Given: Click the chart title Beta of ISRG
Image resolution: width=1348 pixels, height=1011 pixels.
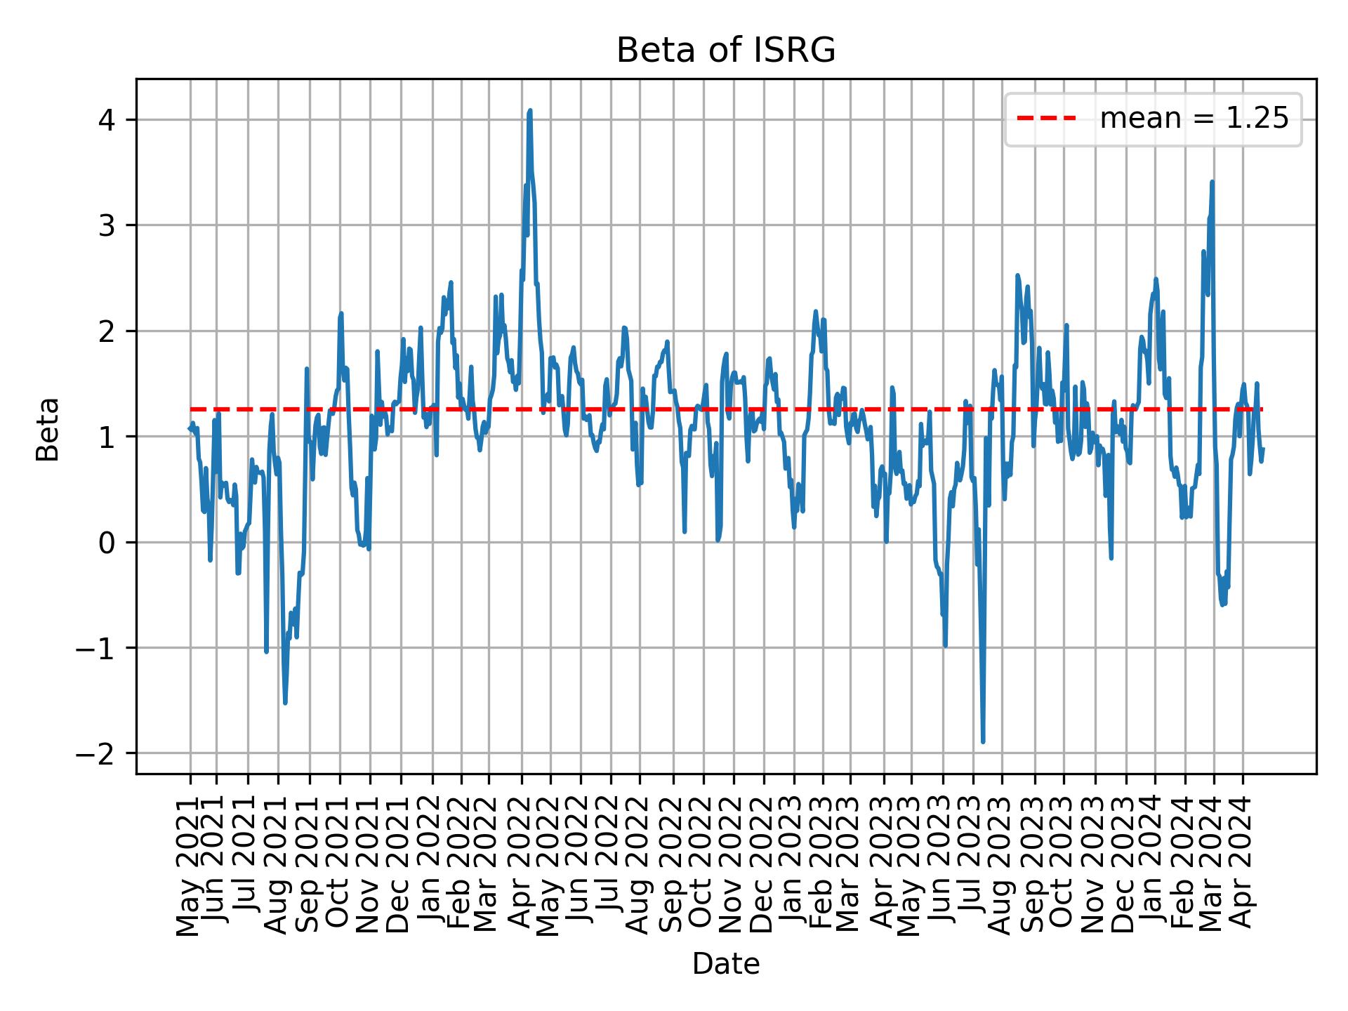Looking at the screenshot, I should pos(725,51).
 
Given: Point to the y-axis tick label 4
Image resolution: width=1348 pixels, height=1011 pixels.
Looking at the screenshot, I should pos(106,119).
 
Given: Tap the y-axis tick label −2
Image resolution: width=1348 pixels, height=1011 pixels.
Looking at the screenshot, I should pos(96,754).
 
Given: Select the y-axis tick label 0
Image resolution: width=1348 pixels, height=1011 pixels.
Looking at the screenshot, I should pos(106,543).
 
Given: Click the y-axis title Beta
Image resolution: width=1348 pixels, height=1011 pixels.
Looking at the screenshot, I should pos(48,429).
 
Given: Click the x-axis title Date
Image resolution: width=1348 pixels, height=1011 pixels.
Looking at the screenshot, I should pos(725,964).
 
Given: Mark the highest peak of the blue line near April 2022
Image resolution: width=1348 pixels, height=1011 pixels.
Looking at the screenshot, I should pos(530,111).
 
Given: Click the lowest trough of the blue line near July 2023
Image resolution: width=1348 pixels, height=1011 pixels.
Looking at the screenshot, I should pos(983,741).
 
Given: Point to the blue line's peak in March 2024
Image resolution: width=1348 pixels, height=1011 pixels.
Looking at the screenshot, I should pos(1212,183).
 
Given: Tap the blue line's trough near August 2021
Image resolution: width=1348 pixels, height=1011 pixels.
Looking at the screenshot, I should pos(285,702).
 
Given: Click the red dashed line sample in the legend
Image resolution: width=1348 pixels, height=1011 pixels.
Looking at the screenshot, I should pos(1046,119).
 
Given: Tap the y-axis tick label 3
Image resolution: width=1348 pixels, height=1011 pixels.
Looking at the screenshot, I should pos(106,225).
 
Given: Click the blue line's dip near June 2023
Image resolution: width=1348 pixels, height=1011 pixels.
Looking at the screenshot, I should pos(945,645).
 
